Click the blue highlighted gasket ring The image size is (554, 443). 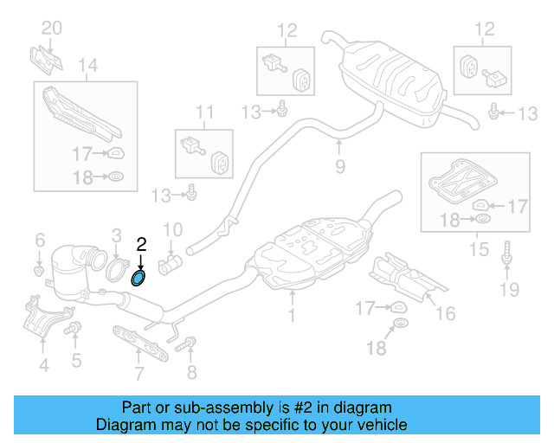(138, 278)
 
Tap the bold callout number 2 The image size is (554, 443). (141, 246)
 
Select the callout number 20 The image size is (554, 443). (52, 28)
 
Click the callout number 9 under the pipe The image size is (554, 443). (339, 166)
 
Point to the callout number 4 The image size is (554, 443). (43, 366)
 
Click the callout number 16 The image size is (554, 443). (445, 313)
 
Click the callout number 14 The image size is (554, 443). (87, 64)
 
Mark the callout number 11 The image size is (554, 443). (203, 111)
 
